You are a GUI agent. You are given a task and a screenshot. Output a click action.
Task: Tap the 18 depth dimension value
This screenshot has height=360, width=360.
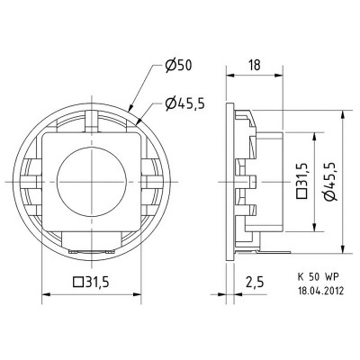[x=256, y=65]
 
